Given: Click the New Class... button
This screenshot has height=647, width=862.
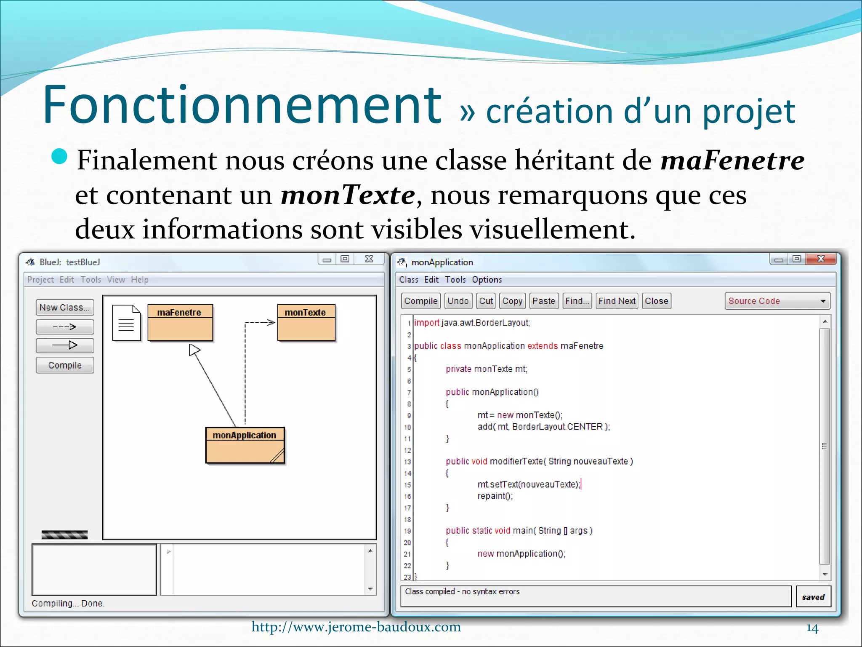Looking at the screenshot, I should pyautogui.click(x=64, y=307).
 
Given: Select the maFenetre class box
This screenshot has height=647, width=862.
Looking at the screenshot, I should pyautogui.click(x=180, y=322).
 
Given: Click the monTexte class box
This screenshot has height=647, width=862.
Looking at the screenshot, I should pyautogui.click(x=306, y=322).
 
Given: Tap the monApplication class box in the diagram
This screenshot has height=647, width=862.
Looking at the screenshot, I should pyautogui.click(x=245, y=445).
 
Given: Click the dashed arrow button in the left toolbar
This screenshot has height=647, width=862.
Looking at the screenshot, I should pyautogui.click(x=64, y=327).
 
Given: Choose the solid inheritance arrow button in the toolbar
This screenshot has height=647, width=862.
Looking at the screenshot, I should pyautogui.click(x=64, y=345).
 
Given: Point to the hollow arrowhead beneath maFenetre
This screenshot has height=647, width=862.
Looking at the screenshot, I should pyautogui.click(x=194, y=350).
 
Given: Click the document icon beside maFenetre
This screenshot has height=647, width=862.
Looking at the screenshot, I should pyautogui.click(x=126, y=323).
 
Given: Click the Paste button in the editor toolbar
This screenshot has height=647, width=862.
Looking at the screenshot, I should pyautogui.click(x=543, y=301).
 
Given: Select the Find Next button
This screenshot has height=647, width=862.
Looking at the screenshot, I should pyautogui.click(x=617, y=301).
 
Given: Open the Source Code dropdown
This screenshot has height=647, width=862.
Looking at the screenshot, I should pyautogui.click(x=777, y=301).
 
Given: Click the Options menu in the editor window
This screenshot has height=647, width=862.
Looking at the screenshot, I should pyautogui.click(x=487, y=280).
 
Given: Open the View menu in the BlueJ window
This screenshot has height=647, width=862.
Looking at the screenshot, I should pyautogui.click(x=116, y=280).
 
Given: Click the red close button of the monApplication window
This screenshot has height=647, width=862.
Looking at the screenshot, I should pyautogui.click(x=820, y=259).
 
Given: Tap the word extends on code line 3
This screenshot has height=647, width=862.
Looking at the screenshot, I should pyautogui.click(x=542, y=346).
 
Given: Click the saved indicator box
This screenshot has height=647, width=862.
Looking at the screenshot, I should pyautogui.click(x=813, y=597).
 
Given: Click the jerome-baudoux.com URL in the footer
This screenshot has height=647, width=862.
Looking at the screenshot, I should pyautogui.click(x=356, y=627).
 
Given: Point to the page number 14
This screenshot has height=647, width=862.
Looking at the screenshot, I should pyautogui.click(x=812, y=628).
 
